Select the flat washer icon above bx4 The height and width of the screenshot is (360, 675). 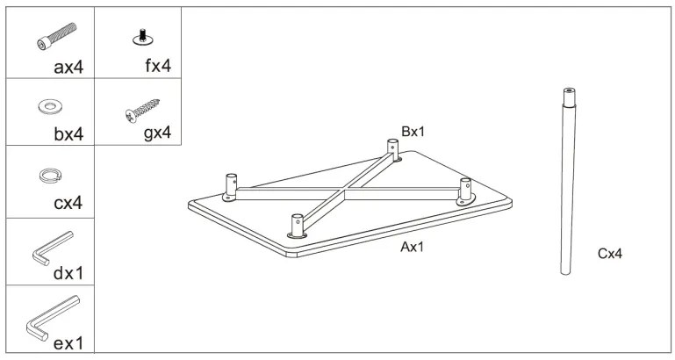50,107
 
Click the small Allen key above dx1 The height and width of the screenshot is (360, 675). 52,247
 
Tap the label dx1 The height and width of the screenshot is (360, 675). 68,273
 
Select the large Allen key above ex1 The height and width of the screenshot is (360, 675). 52,315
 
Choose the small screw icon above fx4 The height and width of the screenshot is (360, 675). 139,36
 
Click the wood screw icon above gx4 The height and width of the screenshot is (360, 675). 144,109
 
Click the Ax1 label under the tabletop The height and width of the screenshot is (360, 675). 413,248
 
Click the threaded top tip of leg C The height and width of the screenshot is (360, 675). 566,90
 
